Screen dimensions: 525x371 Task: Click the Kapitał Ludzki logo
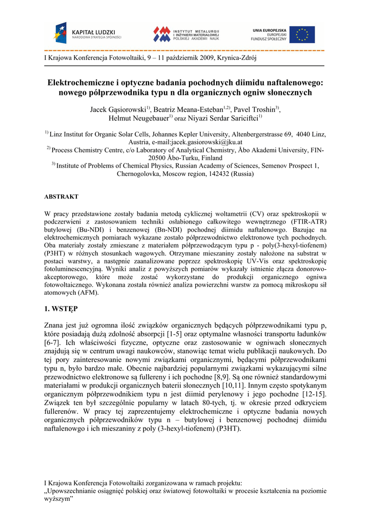[x=88, y=34]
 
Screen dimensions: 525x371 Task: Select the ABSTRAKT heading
[x=61, y=197]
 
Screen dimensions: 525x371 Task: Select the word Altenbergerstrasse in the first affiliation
[x=253, y=134]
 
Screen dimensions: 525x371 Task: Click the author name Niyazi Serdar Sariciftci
[x=225, y=118]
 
